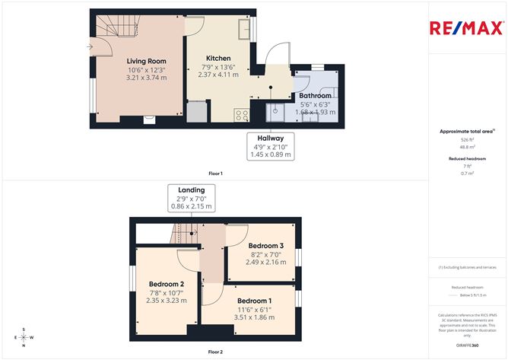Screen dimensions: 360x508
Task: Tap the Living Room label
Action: [146, 62]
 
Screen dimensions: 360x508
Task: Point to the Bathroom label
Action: [315, 96]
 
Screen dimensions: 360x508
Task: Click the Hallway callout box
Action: [270, 146]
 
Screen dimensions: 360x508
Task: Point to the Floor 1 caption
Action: [216, 174]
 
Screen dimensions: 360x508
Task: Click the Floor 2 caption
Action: [216, 352]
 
